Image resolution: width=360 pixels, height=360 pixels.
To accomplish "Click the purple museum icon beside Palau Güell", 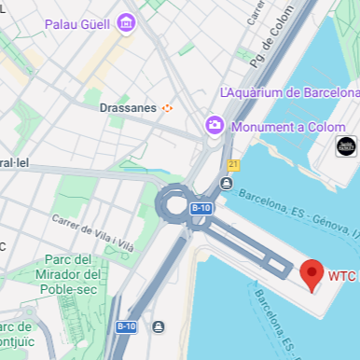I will pyautogui.click(x=126, y=22).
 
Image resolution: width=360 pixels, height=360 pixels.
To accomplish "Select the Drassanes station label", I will pyautogui.click(x=128, y=107).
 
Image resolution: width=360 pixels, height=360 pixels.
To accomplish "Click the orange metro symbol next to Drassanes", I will pyautogui.click(x=168, y=107).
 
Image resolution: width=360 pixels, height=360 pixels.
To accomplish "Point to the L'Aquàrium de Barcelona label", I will pyautogui.click(x=289, y=93).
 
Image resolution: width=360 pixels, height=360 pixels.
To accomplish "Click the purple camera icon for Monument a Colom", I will pyautogui.click(x=215, y=124).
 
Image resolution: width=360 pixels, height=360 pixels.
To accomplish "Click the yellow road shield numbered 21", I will pyautogui.click(x=233, y=164).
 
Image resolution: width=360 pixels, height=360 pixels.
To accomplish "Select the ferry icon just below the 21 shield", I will pyautogui.click(x=228, y=181).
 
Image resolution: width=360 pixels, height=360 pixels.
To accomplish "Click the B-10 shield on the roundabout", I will pyautogui.click(x=201, y=208).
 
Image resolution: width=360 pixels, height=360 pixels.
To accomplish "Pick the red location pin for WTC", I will pyautogui.click(x=312, y=274).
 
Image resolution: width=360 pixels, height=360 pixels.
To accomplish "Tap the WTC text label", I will pyautogui.click(x=342, y=276).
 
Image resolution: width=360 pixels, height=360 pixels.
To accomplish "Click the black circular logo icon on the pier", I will pyautogui.click(x=346, y=146).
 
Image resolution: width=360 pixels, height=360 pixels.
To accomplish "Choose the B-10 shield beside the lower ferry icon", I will pyautogui.click(x=126, y=326).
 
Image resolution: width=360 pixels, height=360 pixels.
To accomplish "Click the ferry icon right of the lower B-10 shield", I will pyautogui.click(x=159, y=326).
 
